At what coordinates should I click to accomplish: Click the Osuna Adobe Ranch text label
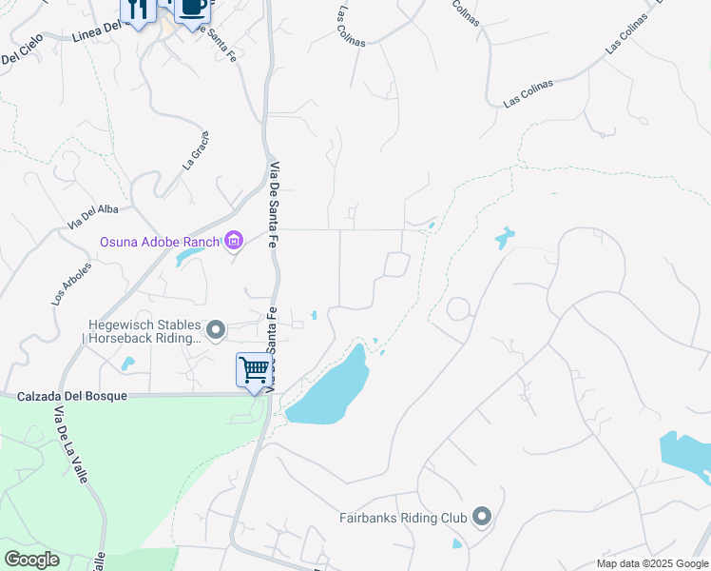[x=160, y=242]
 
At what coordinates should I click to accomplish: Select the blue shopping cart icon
[x=254, y=369]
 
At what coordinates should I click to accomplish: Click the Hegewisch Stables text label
[x=143, y=324]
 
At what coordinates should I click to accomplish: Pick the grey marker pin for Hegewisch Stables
[x=217, y=330]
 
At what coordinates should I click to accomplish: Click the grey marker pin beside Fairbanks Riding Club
[x=482, y=517]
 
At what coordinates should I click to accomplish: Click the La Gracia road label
[x=196, y=149]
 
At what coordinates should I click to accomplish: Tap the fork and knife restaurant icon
[x=138, y=10]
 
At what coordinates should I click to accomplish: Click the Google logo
[x=31, y=560]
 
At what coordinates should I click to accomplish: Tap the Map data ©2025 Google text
[x=652, y=563]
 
